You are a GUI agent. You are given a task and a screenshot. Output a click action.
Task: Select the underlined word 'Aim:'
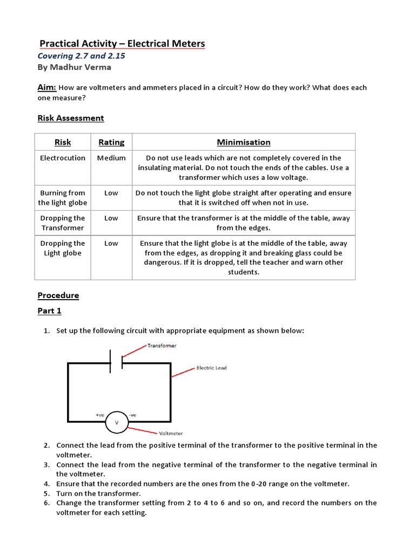(46, 87)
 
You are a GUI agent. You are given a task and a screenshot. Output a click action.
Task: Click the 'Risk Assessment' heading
(70, 118)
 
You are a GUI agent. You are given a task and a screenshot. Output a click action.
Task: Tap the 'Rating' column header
(111, 142)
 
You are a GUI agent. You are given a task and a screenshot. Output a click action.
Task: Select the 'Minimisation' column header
(243, 142)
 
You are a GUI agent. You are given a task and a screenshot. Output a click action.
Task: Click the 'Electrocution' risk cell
(63, 158)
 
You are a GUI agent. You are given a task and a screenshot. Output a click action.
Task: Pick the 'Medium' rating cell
(111, 158)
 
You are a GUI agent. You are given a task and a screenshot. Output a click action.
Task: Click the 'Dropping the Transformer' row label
(63, 223)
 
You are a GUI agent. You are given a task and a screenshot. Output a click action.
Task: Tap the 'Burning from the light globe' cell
(63, 198)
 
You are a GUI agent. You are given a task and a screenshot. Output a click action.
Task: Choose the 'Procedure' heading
(58, 295)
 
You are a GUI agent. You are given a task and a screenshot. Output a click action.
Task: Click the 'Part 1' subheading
(49, 311)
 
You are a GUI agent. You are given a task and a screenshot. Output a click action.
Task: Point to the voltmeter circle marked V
(116, 422)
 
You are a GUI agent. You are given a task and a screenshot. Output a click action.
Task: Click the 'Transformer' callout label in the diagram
(162, 346)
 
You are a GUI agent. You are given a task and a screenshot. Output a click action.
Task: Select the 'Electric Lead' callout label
(211, 368)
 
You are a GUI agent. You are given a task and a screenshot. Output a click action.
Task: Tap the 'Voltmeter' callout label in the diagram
(171, 433)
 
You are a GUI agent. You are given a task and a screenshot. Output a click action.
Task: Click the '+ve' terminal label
(100, 415)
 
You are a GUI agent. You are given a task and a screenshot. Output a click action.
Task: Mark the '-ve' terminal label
(133, 415)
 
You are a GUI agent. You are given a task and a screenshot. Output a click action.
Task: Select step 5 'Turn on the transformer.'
(98, 494)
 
